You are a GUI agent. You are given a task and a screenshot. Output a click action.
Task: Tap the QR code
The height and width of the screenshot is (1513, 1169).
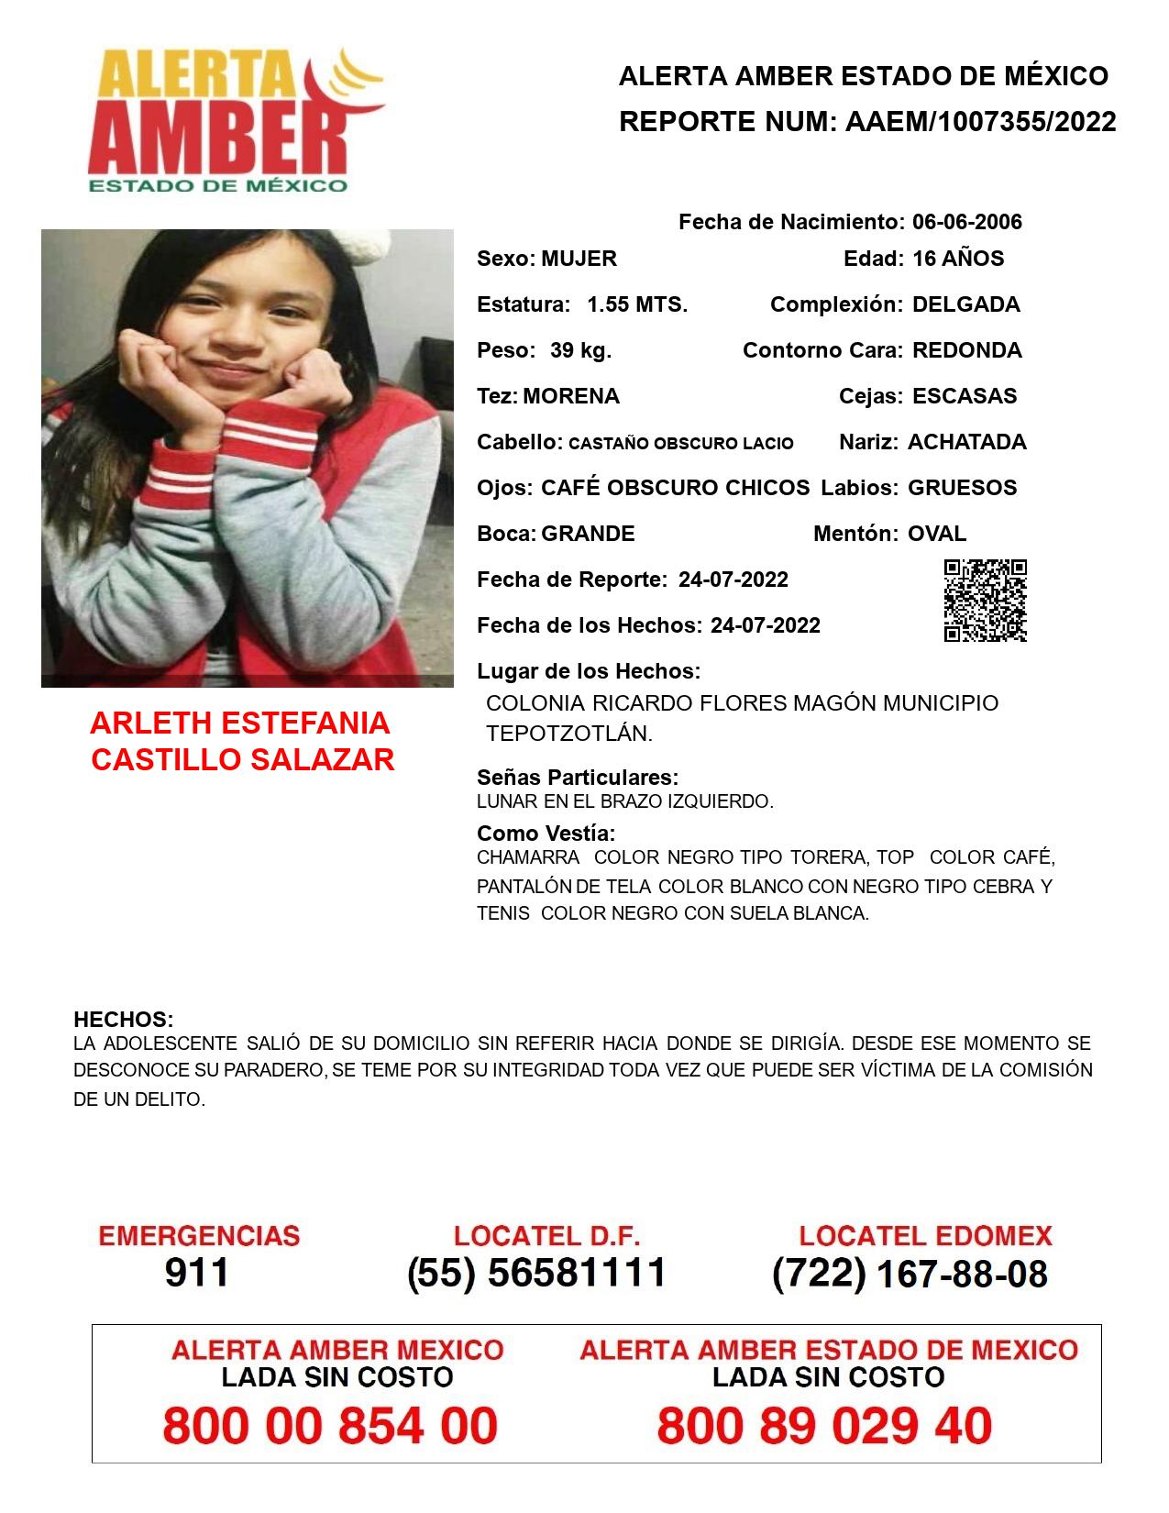tap(985, 601)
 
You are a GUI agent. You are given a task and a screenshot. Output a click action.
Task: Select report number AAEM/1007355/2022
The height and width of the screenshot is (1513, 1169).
tap(980, 121)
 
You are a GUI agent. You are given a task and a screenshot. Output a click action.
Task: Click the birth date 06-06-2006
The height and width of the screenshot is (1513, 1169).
tap(966, 222)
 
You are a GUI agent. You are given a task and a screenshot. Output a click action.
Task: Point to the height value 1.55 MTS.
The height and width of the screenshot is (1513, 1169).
tap(637, 304)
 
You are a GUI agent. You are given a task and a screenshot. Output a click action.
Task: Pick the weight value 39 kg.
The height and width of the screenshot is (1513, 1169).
tap(580, 350)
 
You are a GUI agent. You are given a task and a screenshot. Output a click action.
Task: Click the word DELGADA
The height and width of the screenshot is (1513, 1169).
tap(965, 304)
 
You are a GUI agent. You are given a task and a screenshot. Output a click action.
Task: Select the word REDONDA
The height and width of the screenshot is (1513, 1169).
tap(966, 350)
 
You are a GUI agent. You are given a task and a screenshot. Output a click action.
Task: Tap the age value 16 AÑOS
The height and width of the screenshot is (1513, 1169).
tap(958, 259)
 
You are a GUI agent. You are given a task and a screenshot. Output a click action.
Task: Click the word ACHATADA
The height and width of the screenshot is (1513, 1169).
tap(966, 442)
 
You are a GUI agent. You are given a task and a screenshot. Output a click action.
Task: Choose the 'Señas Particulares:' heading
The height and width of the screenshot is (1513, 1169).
tap(578, 778)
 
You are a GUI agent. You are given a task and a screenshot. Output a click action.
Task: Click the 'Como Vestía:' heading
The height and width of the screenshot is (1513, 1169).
tap(546, 834)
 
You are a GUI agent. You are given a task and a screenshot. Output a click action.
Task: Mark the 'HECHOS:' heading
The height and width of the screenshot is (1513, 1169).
tap(123, 1020)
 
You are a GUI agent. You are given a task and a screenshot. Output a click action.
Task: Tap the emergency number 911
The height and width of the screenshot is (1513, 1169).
tap(197, 1273)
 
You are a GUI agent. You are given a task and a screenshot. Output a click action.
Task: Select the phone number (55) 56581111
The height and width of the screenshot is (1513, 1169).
tap(536, 1273)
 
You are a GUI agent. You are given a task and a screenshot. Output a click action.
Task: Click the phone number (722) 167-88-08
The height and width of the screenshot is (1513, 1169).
tap(910, 1274)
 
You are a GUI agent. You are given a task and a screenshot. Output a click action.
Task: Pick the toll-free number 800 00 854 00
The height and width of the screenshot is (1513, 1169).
tap(330, 1426)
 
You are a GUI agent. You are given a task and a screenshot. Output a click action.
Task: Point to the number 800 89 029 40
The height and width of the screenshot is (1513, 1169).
tap(824, 1426)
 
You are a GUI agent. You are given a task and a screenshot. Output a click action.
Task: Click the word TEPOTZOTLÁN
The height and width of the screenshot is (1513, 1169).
tap(568, 734)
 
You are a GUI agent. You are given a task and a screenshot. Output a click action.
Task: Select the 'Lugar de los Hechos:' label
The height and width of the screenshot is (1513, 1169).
tap(589, 671)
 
